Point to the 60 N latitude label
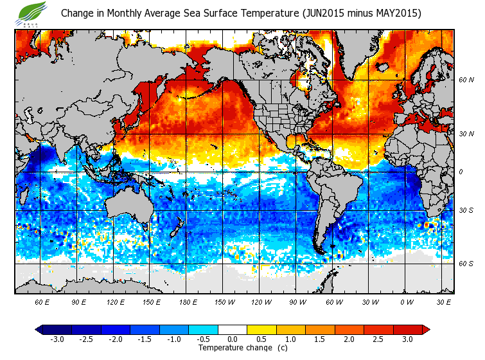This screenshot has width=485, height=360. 466,80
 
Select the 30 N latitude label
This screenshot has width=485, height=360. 466,134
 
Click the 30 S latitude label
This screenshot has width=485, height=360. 466,210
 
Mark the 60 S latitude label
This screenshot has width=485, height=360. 466,264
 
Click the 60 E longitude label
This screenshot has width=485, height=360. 42,301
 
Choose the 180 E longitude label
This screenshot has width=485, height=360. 189,301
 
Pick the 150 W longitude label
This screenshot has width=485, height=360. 225,301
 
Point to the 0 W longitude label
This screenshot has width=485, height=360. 407,301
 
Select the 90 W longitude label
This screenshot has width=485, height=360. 297,301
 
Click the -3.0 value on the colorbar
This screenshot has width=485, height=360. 57,339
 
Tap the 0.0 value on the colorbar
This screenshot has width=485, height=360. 232,339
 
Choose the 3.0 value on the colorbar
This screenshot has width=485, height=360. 407,339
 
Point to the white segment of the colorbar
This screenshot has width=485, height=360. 232,329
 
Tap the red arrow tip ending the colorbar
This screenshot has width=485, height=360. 426,329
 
